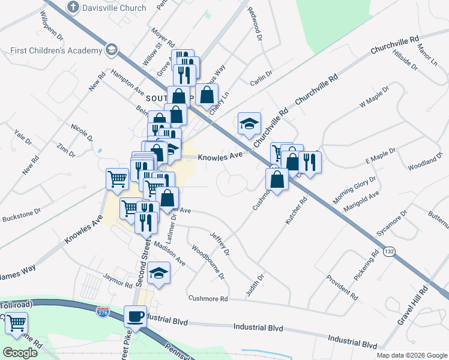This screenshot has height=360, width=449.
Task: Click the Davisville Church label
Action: (x=113, y=8)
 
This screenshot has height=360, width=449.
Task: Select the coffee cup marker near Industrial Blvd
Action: (x=135, y=316)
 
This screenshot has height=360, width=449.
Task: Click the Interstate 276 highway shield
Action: (x=103, y=311)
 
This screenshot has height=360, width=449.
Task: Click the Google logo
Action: (x=20, y=353)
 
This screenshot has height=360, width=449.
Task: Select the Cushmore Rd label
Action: (x=208, y=298)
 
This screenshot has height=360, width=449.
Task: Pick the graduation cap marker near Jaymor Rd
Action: (x=159, y=273)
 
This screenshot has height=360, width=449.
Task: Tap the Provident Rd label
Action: (x=342, y=287)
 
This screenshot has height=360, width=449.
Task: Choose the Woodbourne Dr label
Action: (x=208, y=262)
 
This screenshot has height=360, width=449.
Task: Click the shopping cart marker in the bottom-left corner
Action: (x=16, y=325)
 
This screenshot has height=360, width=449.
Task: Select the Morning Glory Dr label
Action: (x=355, y=190)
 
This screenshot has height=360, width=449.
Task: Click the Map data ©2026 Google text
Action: (x=411, y=355)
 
